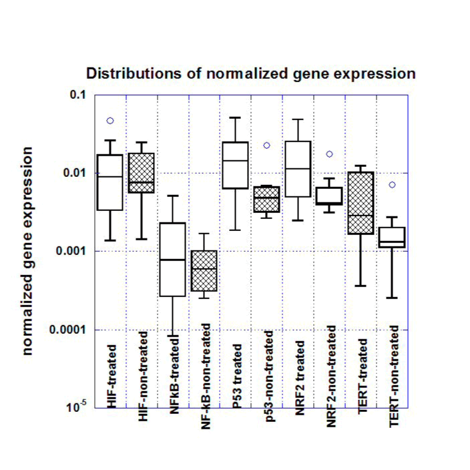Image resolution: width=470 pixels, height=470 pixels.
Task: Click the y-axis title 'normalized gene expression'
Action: tap(29, 252)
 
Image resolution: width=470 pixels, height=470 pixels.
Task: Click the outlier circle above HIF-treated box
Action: tap(110, 121)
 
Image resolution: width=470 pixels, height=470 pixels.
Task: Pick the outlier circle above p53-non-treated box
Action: tap(266, 145)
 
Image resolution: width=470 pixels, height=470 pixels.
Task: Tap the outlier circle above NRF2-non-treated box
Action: tap(329, 154)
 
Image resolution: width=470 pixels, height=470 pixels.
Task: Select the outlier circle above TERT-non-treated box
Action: tap(392, 185)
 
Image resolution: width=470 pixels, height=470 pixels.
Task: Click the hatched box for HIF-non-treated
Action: tap(142, 173)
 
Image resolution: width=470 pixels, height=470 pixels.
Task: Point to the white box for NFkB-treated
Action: tap(173, 259)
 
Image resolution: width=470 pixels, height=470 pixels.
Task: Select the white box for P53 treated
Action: tap(236, 165)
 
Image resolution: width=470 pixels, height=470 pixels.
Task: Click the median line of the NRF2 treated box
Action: tap(298, 169)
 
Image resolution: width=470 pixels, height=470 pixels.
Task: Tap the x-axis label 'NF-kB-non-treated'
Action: tap(205, 367)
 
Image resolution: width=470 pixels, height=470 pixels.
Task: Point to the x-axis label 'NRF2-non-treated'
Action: tap(331, 367)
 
